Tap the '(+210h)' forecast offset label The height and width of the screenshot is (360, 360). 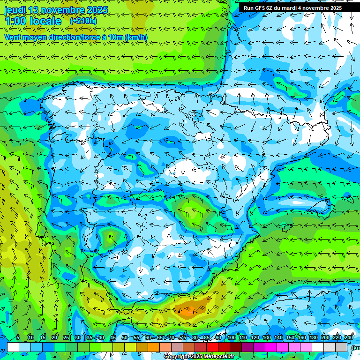(x=83, y=21)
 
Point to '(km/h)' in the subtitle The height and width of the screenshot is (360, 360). (x=136, y=37)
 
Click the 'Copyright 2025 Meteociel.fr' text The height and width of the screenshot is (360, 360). (x=199, y=357)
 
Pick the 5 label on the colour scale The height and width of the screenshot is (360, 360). (x=18, y=338)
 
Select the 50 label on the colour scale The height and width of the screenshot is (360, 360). (x=125, y=338)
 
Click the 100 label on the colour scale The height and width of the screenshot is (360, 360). (x=232, y=338)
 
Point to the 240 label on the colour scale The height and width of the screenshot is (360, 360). (x=349, y=338)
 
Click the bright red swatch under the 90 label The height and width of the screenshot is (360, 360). (x=212, y=347)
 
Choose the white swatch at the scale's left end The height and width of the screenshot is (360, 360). (x=13, y=347)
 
